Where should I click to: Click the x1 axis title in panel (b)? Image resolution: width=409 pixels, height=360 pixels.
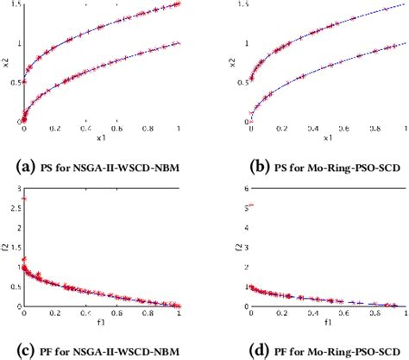click(328, 138)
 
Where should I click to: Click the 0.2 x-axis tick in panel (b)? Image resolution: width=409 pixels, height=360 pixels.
click(280, 129)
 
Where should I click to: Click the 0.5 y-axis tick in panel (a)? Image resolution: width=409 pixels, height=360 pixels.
click(15, 81)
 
